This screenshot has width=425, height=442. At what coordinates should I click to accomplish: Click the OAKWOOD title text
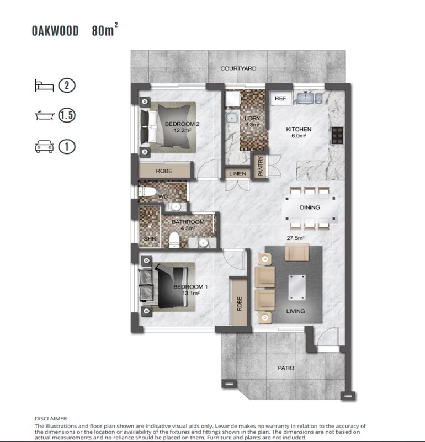55,31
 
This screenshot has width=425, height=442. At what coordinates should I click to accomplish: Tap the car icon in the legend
44,147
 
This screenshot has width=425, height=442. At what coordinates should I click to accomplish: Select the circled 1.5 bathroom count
67,115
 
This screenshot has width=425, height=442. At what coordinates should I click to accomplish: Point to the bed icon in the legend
44,86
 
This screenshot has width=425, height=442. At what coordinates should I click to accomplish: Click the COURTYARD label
238,68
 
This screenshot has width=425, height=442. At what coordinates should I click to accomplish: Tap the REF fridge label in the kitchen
280,98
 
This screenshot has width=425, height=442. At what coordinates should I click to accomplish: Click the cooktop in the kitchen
337,136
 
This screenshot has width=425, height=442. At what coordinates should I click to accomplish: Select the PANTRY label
261,166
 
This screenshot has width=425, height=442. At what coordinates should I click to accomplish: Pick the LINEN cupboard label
238,174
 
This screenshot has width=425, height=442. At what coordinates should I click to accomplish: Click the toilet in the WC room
147,192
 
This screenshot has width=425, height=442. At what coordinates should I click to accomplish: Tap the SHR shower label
150,239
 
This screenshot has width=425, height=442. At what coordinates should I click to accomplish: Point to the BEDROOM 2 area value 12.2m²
182,131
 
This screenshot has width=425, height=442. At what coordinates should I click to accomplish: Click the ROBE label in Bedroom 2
164,171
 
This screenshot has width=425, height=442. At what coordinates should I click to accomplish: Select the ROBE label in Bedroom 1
240,303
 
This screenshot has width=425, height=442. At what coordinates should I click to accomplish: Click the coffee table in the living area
297,287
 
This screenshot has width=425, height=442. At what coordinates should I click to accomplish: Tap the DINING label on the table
310,207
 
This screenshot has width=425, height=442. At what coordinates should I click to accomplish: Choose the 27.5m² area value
295,238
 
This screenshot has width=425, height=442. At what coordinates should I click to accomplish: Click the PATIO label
286,368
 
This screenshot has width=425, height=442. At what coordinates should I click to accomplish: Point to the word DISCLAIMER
51,419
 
